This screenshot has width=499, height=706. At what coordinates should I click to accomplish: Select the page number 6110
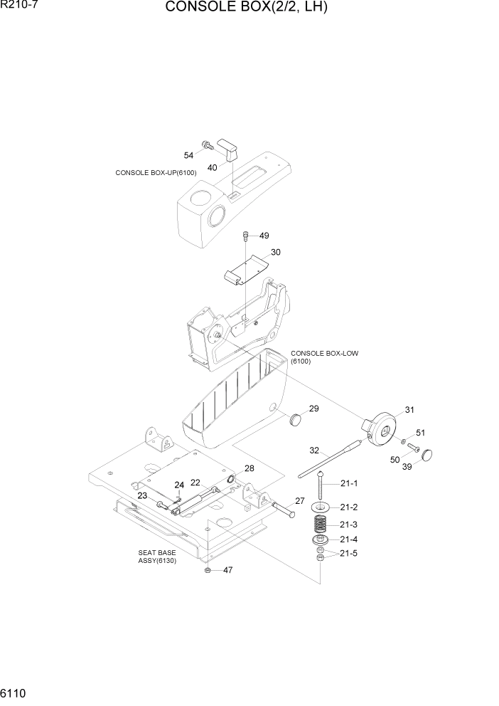tap(14, 692)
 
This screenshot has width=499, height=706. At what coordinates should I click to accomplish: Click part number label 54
tap(189, 155)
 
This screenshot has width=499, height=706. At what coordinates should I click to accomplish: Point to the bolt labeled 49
tap(245, 235)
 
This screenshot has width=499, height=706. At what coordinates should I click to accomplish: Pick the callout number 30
tap(276, 252)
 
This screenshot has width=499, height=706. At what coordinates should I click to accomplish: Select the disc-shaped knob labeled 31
tap(382, 428)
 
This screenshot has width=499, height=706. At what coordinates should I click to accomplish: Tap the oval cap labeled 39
tap(428, 455)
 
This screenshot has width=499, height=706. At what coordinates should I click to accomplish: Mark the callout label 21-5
tap(349, 553)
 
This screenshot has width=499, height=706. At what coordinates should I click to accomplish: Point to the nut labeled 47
tap(207, 570)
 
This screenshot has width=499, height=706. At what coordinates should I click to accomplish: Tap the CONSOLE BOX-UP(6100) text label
tap(155, 173)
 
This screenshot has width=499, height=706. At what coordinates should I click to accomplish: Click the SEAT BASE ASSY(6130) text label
tap(157, 556)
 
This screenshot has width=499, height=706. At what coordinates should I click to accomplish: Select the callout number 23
tap(142, 495)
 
